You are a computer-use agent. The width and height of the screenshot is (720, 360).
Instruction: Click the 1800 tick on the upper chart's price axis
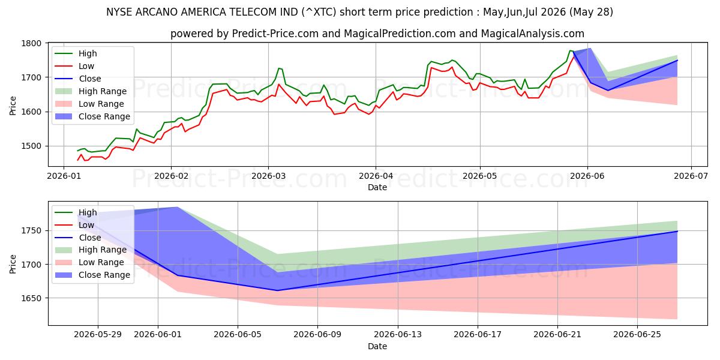pyautogui.click(x=31, y=43)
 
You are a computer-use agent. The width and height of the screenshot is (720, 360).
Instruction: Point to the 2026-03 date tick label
pyautogui.click(x=268, y=176)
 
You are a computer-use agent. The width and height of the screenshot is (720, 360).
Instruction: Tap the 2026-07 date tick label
pyautogui.click(x=691, y=176)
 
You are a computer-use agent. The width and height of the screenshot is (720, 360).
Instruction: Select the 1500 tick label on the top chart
pyautogui.click(x=31, y=146)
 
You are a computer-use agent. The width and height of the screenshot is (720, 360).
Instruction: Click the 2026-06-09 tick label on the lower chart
pyautogui.click(x=317, y=335)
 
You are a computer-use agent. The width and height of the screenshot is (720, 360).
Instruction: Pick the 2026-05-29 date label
pyautogui.click(x=98, y=335)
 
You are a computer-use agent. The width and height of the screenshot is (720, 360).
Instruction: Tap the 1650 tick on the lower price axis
pyautogui.click(x=31, y=298)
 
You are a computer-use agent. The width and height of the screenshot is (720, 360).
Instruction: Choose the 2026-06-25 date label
pyautogui.click(x=637, y=335)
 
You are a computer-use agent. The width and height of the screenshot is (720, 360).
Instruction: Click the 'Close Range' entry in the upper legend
pyautogui.click(x=104, y=116)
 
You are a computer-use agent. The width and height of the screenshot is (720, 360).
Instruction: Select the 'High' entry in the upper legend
pyautogui.click(x=88, y=53)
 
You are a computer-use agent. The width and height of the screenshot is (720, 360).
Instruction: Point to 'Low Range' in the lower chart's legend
pyautogui.click(x=101, y=263)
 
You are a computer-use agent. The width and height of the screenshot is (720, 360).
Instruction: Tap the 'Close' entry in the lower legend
pyautogui.click(x=89, y=238)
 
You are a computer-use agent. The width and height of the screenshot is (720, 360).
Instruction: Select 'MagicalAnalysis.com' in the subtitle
pyautogui.click(x=532, y=34)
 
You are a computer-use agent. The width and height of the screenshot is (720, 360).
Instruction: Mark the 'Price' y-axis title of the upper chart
pyautogui.click(x=13, y=106)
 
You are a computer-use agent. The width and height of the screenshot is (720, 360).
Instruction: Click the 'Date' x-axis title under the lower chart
pyautogui.click(x=377, y=347)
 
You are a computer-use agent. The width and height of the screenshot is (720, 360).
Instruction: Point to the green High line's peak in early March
pyautogui.click(x=279, y=68)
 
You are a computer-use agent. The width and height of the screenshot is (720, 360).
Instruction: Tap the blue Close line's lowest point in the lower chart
pyautogui.click(x=277, y=290)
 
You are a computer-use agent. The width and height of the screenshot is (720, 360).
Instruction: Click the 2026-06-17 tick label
pyautogui.click(x=478, y=335)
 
